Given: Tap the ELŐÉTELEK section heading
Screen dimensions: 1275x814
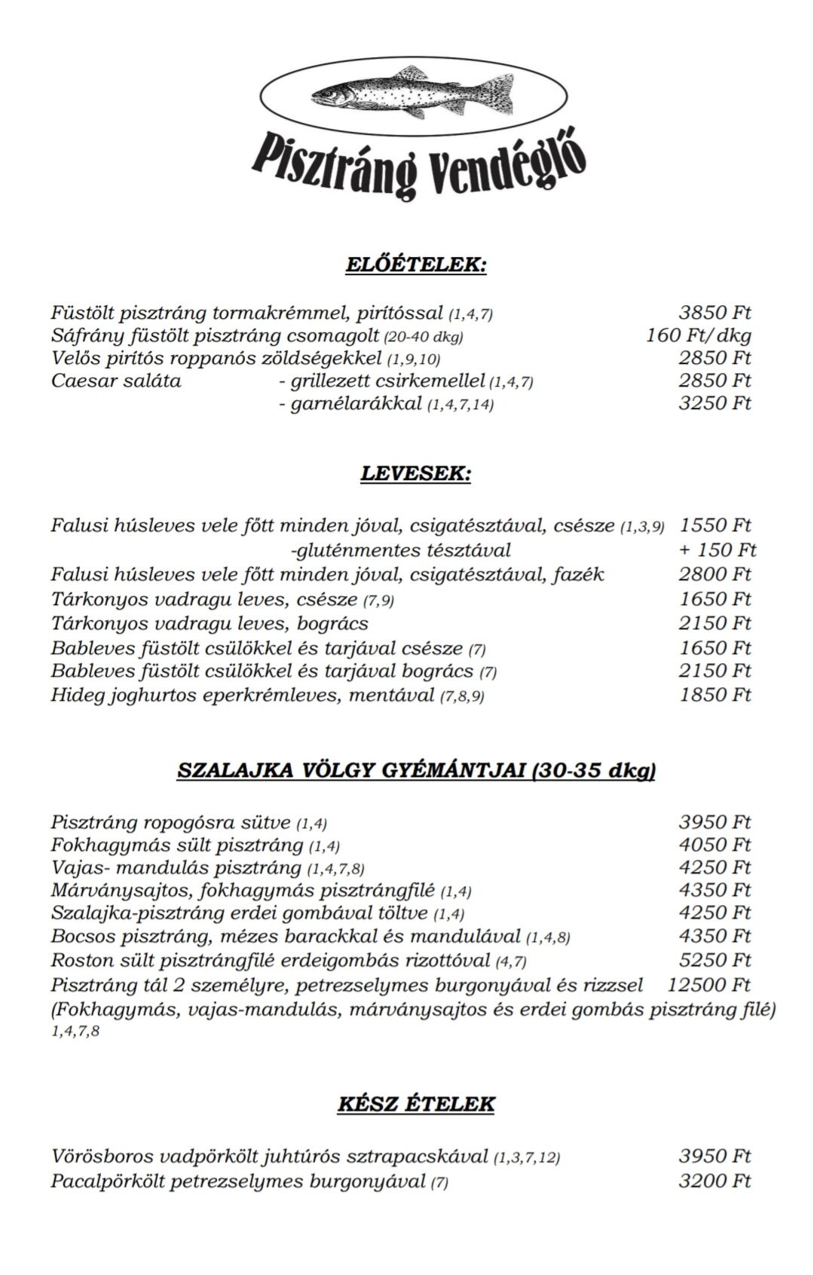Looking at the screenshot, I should click(415, 264).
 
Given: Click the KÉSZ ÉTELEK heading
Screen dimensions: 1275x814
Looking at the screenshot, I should click(415, 1104).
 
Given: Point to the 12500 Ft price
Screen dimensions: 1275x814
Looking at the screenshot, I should click(708, 984).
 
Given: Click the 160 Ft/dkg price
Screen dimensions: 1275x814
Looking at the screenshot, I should click(698, 335).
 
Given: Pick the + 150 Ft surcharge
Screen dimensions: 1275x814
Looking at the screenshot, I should click(718, 550).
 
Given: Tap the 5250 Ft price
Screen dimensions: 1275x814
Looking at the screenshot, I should click(715, 960).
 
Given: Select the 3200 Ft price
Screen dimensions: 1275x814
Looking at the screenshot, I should click(715, 1180).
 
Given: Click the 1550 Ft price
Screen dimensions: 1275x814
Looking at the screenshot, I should click(715, 525).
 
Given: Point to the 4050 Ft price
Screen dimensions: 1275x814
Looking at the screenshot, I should click(715, 845).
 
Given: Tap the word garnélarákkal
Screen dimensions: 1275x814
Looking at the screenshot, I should click(356, 404).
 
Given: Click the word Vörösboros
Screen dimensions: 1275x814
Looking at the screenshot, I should click(103, 1156).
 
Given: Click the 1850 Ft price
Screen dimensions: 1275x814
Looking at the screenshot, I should click(715, 694).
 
